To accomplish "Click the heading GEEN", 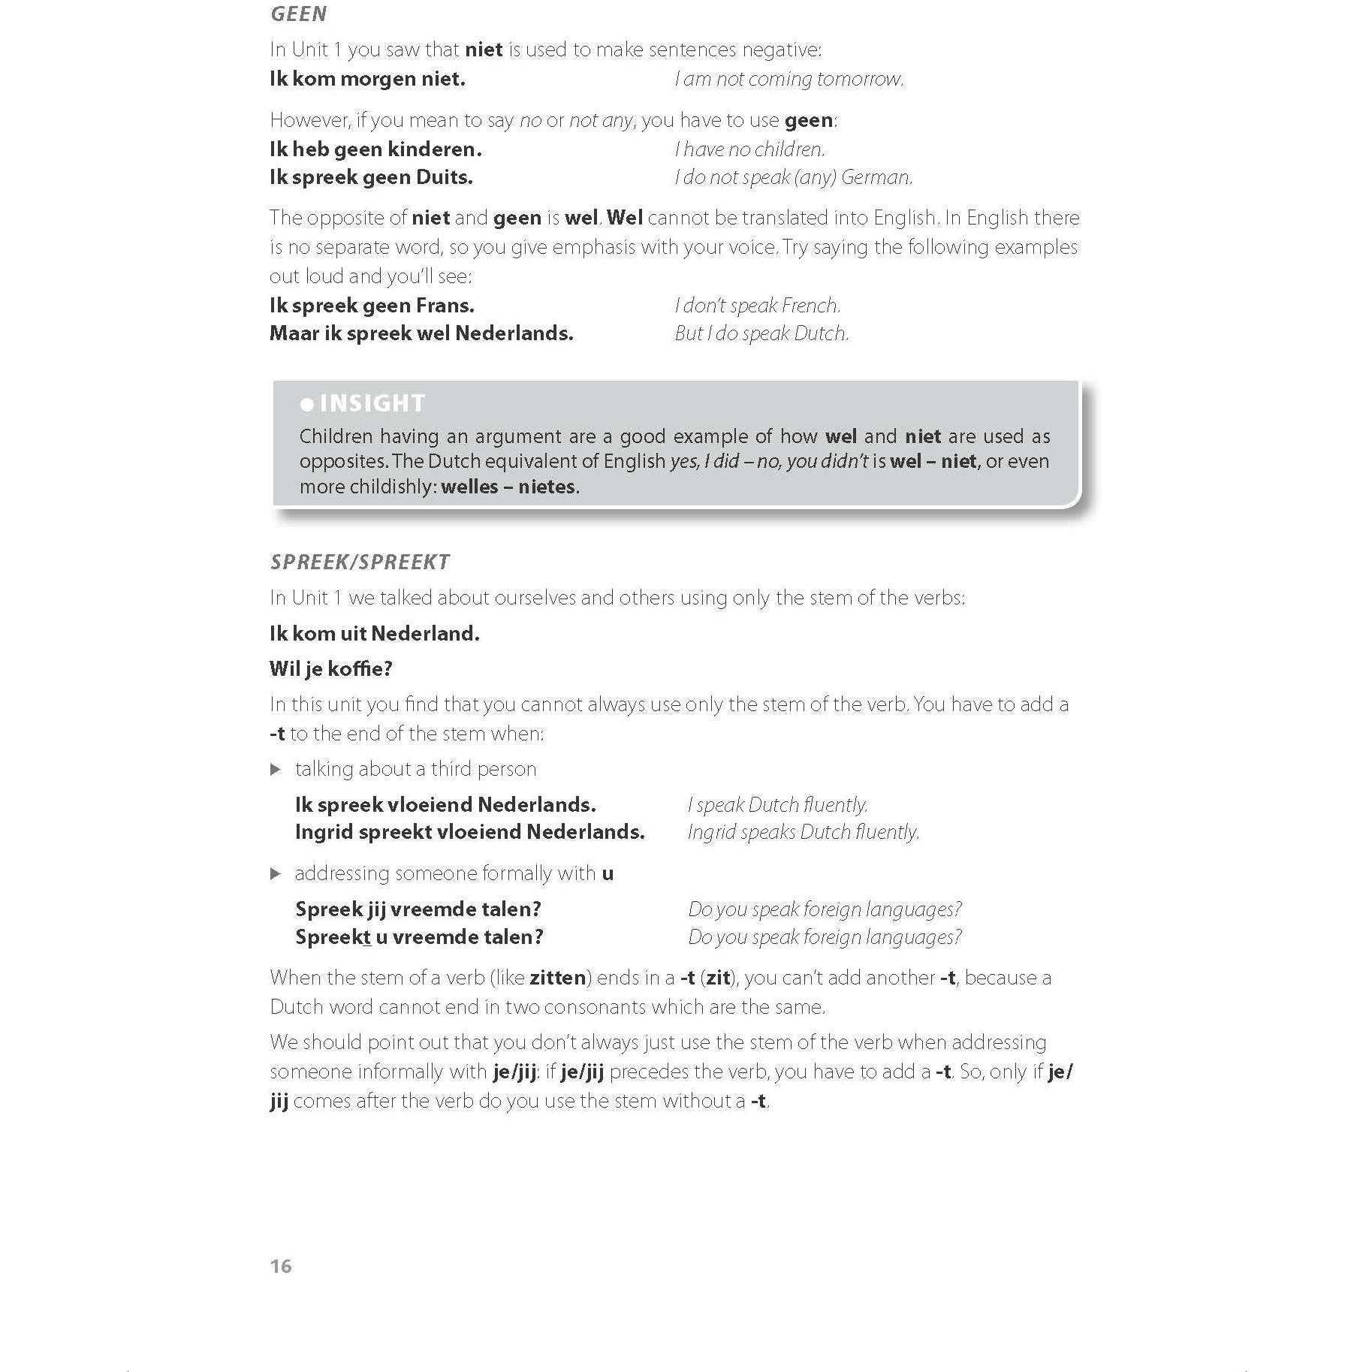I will click(x=298, y=14).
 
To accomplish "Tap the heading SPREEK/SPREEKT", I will click(x=360, y=562).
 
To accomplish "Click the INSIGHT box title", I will click(x=372, y=403).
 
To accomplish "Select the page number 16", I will click(x=280, y=1266).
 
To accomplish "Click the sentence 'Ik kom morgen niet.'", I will click(x=367, y=79).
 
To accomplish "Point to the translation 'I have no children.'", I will click(x=749, y=149).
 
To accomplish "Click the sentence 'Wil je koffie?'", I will click(x=330, y=668).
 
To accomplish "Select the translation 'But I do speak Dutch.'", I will click(x=761, y=333).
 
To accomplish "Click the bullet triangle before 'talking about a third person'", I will click(x=276, y=769).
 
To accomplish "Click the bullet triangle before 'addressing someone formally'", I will click(x=276, y=873).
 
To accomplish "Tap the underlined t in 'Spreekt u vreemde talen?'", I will click(x=366, y=937).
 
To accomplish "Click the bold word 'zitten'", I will click(x=557, y=978).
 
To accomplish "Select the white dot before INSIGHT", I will click(x=306, y=405).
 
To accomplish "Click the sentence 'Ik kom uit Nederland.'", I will click(x=374, y=633).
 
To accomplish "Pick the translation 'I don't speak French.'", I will click(x=757, y=306).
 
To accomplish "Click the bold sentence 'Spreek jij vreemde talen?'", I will click(x=418, y=909).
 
